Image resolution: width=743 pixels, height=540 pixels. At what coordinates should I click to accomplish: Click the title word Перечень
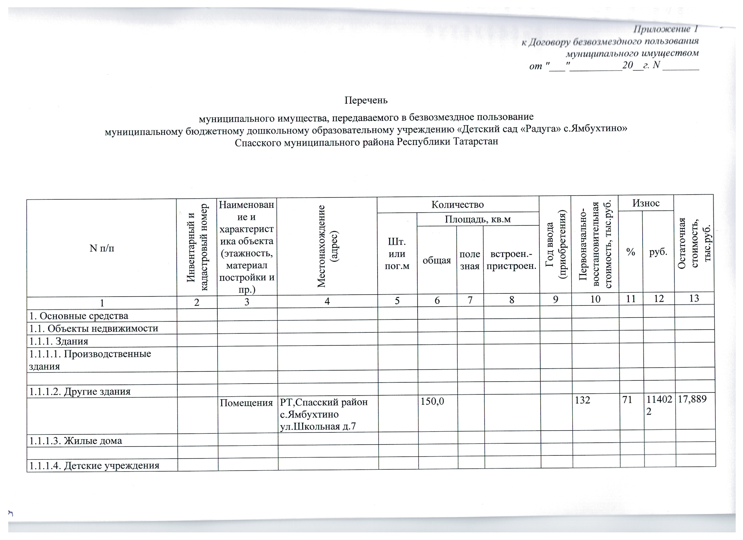(x=366, y=100)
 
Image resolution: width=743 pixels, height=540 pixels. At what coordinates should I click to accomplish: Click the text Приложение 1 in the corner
(x=665, y=30)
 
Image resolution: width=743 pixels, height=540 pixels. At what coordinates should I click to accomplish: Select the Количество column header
(x=457, y=205)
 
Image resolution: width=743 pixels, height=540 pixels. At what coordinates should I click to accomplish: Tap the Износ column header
(x=645, y=203)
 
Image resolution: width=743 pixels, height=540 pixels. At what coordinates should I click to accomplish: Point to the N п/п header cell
(x=102, y=248)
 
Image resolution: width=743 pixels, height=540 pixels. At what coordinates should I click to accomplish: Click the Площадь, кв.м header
(x=478, y=219)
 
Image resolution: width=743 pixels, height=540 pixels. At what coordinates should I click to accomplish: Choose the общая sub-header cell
(x=437, y=260)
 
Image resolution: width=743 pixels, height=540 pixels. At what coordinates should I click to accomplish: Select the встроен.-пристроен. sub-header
(x=511, y=260)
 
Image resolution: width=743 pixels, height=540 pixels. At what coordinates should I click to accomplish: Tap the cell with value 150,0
(x=433, y=401)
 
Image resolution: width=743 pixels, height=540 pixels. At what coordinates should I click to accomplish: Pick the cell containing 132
(x=582, y=400)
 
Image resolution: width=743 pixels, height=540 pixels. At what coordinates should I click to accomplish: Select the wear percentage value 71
(x=627, y=399)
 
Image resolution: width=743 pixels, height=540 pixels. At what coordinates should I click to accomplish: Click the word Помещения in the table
(x=246, y=402)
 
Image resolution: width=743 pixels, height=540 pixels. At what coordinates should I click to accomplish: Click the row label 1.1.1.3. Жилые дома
(x=76, y=441)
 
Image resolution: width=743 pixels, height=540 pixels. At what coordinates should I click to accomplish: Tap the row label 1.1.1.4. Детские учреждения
(x=94, y=465)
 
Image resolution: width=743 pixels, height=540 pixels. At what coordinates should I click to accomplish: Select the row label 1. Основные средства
(x=78, y=316)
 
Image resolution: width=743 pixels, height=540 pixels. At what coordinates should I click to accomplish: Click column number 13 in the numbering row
(x=694, y=298)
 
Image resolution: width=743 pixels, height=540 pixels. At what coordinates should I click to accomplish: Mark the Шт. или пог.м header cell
(x=397, y=254)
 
